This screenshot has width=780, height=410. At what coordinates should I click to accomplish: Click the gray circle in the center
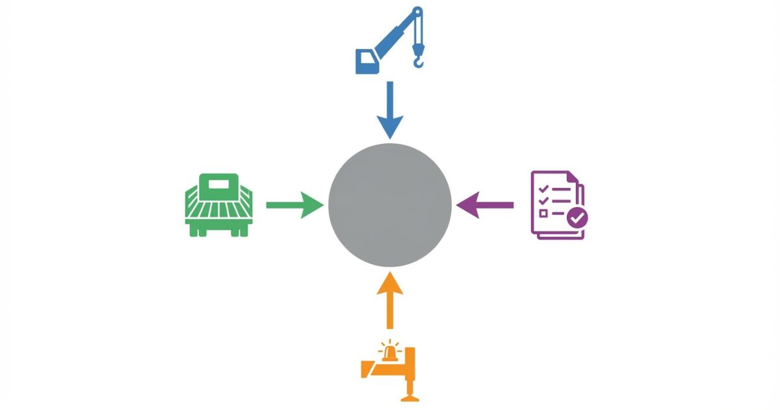tap(390, 205)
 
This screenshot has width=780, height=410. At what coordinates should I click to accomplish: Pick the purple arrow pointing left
tap(484, 205)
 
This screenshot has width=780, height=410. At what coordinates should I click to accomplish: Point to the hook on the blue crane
tap(418, 61)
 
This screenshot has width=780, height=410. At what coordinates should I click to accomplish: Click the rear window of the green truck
tap(218, 185)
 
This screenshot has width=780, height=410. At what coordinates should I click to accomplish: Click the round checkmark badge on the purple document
tap(577, 218)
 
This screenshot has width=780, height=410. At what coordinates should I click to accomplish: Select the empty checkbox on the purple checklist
tap(543, 213)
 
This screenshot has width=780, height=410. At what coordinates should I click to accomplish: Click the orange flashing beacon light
tap(390, 352)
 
